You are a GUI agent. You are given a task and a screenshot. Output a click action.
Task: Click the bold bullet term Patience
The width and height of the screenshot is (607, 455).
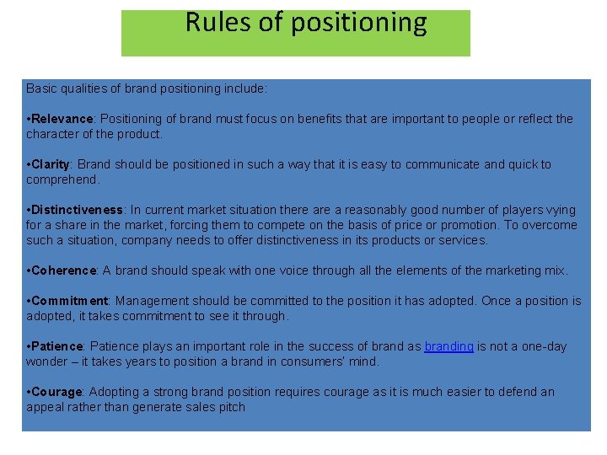click(57, 346)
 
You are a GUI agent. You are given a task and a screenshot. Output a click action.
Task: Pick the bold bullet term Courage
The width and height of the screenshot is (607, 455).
click(56, 392)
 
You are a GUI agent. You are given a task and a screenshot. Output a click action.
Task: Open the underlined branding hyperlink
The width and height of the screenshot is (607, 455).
click(449, 346)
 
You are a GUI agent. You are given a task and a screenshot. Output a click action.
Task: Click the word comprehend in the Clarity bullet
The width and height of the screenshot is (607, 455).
click(62, 179)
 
